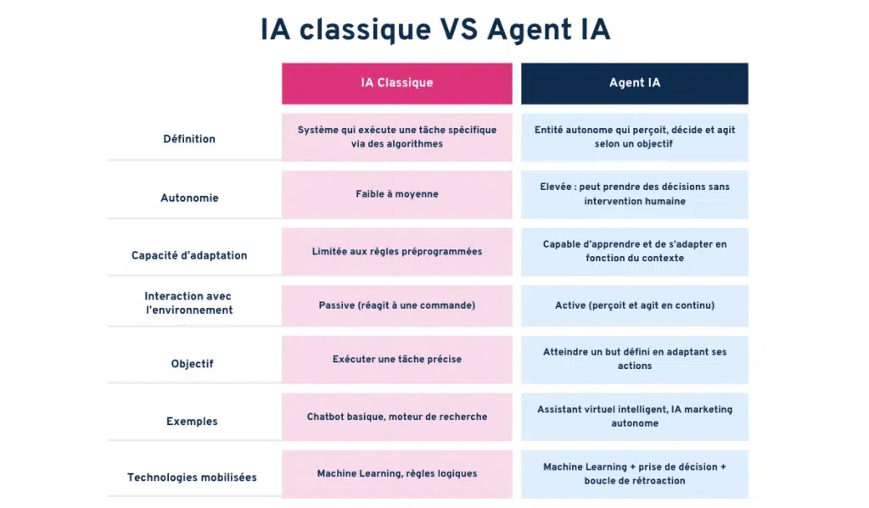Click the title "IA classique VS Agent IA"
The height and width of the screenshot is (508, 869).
coord(435,30)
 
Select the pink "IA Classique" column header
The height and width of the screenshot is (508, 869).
coord(397,84)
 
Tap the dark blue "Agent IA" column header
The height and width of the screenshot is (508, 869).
coord(635,84)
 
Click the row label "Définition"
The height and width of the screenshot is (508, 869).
coord(189,139)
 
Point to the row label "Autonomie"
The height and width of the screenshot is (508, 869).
coord(189,198)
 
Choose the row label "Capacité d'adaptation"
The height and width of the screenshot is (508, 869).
coord(189,255)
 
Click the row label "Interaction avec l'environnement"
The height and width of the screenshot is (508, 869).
coord(188,303)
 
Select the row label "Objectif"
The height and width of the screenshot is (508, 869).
coord(192,364)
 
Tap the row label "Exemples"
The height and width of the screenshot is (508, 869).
coord(192,421)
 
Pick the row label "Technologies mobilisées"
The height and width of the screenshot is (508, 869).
coord(192,477)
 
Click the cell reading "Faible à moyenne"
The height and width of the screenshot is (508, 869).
coord(397,194)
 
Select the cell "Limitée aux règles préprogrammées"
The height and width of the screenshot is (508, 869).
coord(397,252)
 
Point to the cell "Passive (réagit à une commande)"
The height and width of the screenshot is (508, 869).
coord(397,306)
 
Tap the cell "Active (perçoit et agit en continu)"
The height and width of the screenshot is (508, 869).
coord(635,306)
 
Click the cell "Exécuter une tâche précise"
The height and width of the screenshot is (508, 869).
coord(397,360)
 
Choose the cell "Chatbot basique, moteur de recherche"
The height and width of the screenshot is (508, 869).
coord(397,417)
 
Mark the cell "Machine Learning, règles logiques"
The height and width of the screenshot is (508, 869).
coord(397,474)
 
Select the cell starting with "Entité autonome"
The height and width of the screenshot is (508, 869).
coord(635,137)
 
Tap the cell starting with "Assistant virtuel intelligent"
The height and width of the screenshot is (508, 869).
coord(635,417)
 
